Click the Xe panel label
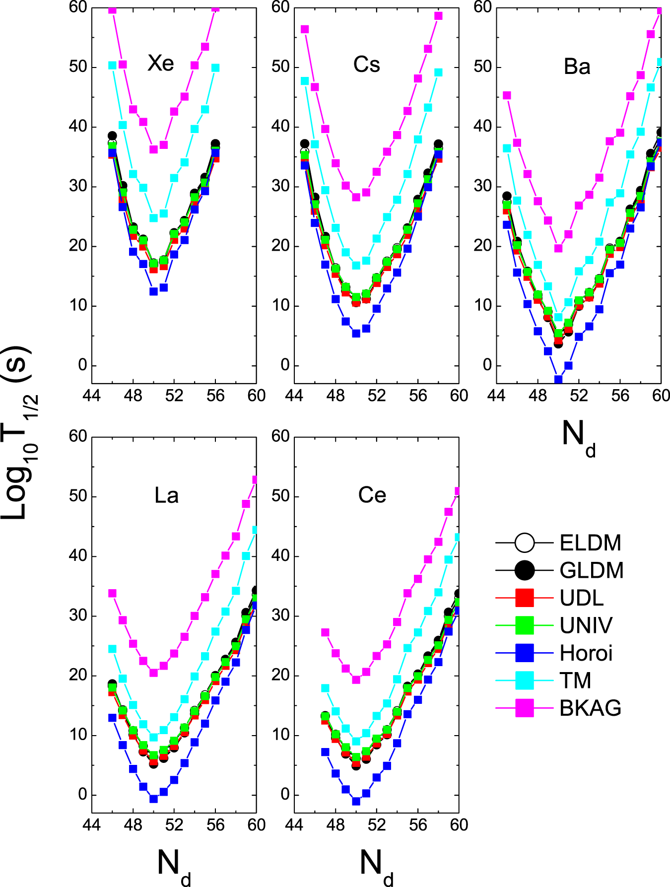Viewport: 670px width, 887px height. [161, 64]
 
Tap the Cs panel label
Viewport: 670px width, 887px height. [367, 65]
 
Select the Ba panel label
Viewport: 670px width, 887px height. [577, 67]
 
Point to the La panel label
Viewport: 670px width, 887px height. [166, 495]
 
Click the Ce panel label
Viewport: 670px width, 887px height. [372, 495]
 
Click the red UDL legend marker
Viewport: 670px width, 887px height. [525, 598]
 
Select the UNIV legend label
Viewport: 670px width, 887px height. [586, 625]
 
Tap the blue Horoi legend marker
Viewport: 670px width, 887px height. [525, 653]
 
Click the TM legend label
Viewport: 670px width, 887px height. [575, 681]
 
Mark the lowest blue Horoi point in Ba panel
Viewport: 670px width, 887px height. [558, 379]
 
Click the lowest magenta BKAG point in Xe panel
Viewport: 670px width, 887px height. [153, 149]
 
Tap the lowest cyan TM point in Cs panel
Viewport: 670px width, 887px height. [356, 266]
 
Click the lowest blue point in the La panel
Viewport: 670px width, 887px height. [153, 799]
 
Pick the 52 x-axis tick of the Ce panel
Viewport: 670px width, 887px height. [377, 824]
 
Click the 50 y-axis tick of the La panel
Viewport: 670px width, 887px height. [78, 496]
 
